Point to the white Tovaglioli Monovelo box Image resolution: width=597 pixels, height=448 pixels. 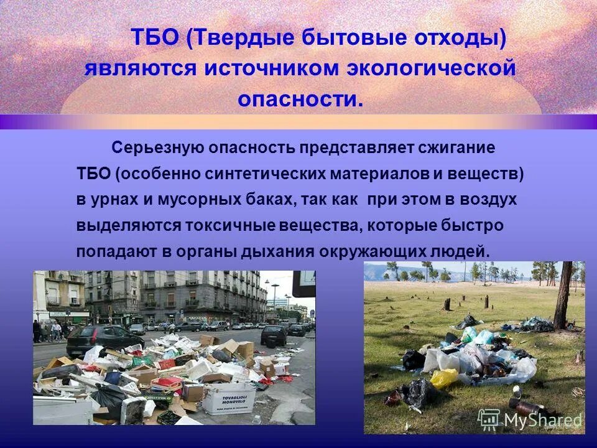point(228,398)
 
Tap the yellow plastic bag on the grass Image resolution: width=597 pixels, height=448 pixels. point(444,378)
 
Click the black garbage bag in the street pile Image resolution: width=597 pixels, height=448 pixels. point(112,398)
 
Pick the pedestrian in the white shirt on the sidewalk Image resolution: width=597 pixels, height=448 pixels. point(57,329)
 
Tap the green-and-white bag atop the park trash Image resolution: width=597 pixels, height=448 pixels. point(470,335)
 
